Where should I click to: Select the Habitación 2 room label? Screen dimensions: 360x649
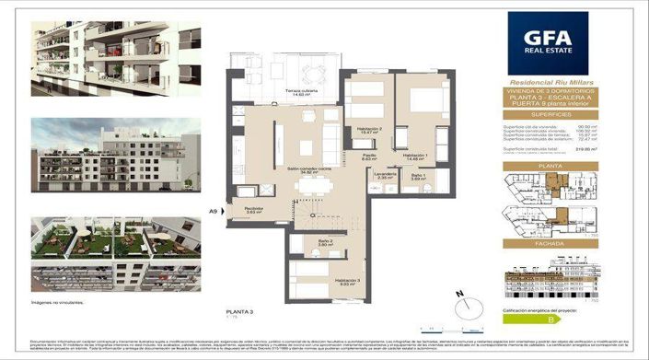[370, 130]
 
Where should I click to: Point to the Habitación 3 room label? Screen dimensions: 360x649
[347, 281]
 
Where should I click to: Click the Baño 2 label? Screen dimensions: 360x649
[312, 242]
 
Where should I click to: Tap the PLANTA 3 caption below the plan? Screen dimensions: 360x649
[239, 313]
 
